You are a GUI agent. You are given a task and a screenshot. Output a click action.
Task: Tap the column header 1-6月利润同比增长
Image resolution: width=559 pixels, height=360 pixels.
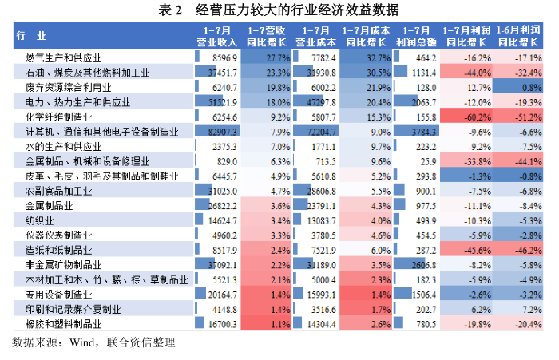coord(517,34)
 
